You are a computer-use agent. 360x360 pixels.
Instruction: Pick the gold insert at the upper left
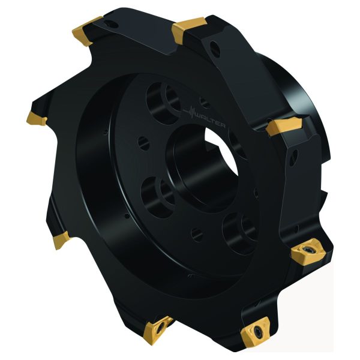(x=86, y=31)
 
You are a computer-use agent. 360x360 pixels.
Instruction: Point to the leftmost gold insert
(x=36, y=118)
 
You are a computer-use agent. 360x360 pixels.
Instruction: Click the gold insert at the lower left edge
(x=61, y=240)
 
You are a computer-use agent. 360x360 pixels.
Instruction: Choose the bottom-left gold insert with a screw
(x=157, y=330)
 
